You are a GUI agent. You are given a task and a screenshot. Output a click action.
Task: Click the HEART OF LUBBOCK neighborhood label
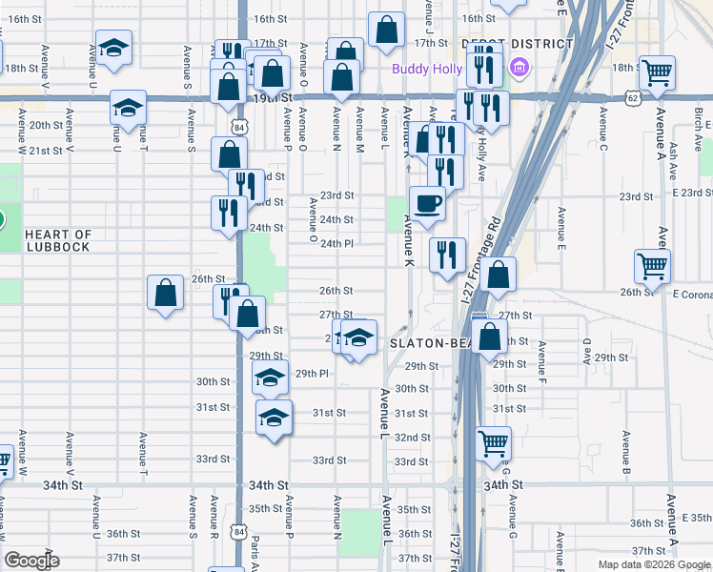[57, 240]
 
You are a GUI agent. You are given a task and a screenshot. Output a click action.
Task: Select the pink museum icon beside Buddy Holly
[518, 68]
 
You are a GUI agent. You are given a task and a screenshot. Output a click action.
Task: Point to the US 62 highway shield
[634, 97]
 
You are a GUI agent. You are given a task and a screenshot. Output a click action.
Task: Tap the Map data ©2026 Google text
[654, 564]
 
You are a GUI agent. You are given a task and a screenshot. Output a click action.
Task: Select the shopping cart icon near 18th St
[657, 71]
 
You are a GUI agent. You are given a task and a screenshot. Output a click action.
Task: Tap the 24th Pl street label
[336, 243]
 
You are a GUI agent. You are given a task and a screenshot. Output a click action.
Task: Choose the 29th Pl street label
[312, 373]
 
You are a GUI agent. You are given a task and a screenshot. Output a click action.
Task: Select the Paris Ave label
[255, 545]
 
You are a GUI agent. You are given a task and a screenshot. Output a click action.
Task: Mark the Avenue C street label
[603, 122]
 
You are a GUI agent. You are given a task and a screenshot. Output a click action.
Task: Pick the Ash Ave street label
[673, 157]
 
